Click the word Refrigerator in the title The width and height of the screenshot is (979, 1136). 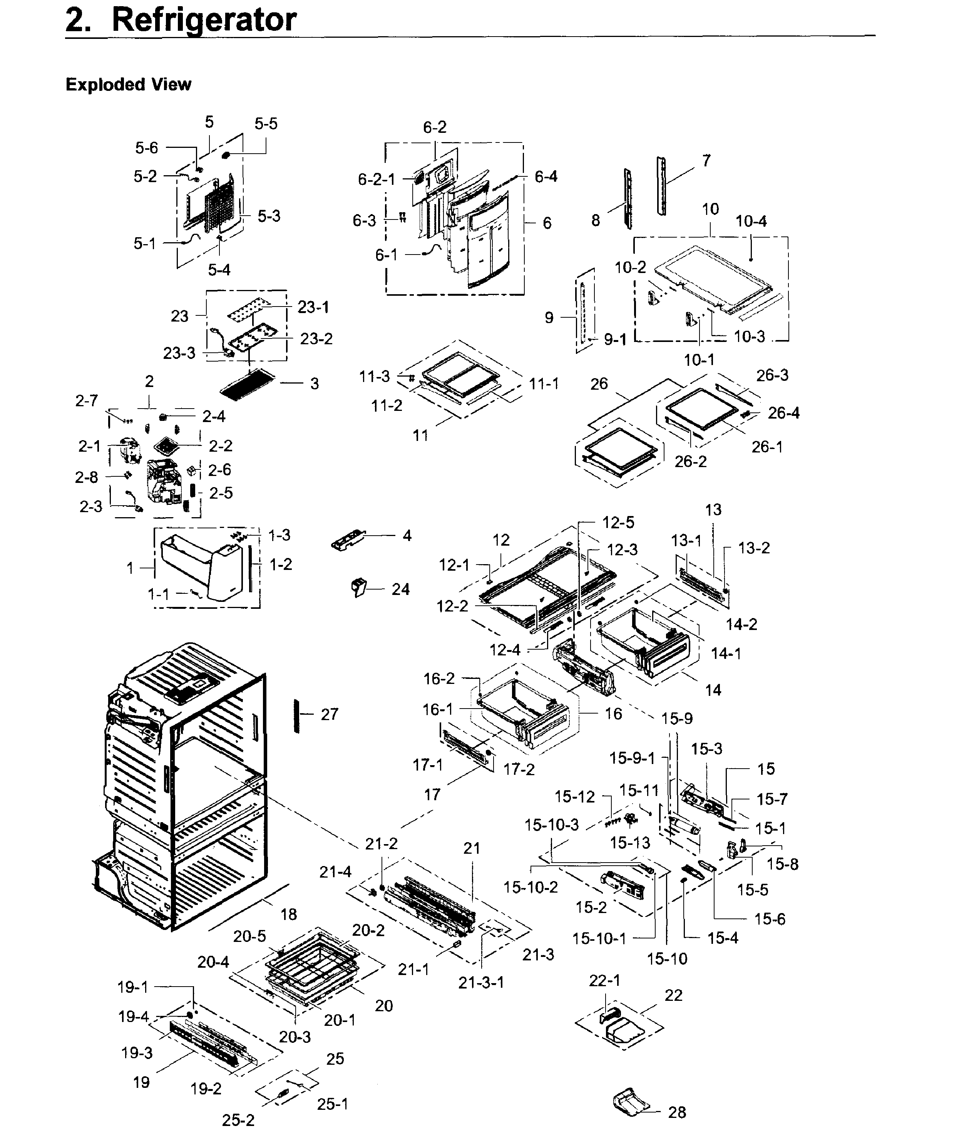pyautogui.click(x=204, y=20)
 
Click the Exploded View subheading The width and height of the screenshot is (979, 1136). pyautogui.click(x=128, y=84)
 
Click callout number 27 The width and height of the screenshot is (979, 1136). pyautogui.click(x=330, y=714)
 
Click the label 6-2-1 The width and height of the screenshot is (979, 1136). pyautogui.click(x=376, y=179)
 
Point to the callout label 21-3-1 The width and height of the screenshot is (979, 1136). pyautogui.click(x=481, y=982)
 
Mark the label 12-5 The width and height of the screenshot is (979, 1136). pyautogui.click(x=618, y=523)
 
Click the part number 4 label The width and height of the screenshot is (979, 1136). pyautogui.click(x=407, y=535)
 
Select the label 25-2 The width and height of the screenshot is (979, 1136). pyautogui.click(x=238, y=1119)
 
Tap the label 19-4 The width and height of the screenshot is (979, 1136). pyautogui.click(x=133, y=1017)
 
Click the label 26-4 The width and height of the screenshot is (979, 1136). pyautogui.click(x=783, y=413)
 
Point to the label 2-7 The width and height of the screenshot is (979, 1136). pyautogui.click(x=87, y=401)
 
